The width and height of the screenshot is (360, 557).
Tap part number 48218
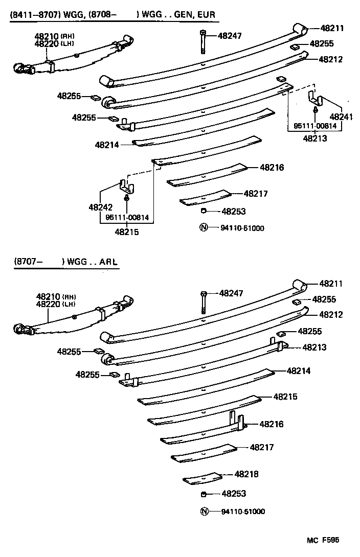pos(246,474)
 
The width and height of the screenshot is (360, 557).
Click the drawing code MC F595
pos(323,540)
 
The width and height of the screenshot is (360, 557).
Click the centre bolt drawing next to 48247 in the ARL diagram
pos(204,303)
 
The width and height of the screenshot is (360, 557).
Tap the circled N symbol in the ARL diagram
pos(205,512)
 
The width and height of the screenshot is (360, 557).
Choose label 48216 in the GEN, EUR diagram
pos(272,168)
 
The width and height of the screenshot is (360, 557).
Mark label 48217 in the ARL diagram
pos(262,447)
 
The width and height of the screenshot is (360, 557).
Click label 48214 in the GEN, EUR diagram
pos(106,145)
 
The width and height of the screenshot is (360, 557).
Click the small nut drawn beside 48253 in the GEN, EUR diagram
pos(203,211)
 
